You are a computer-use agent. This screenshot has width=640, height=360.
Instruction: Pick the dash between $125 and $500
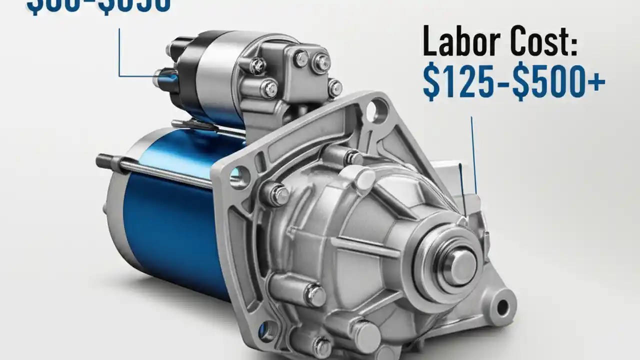505,83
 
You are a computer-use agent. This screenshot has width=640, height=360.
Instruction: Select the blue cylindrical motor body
165,220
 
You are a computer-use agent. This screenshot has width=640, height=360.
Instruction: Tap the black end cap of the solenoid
183,75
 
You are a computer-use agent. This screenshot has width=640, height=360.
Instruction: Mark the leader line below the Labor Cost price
473,155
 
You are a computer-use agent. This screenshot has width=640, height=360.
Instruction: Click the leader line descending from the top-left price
119,52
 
